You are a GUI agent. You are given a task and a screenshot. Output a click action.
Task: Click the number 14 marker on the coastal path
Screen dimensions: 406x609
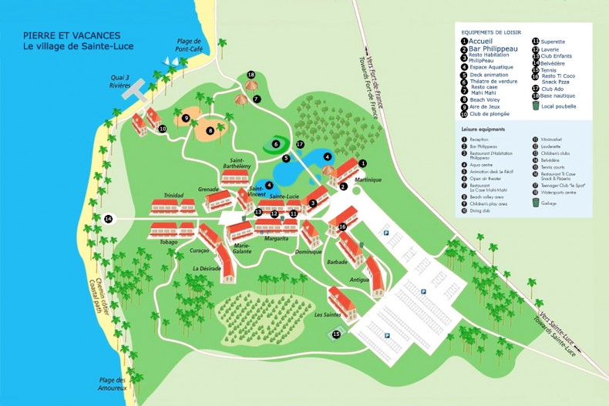tap(109, 220)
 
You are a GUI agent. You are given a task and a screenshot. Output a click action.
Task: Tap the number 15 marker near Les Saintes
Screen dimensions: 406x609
tap(336, 334)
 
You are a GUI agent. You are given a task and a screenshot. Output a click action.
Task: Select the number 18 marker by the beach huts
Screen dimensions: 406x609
tap(251, 75)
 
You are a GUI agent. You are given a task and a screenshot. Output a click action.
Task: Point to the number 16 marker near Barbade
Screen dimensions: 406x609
tap(342, 226)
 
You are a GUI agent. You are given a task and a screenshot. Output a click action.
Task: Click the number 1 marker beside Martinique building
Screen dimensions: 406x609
tap(363, 163)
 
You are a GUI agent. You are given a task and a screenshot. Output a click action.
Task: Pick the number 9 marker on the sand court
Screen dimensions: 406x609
tap(187, 118)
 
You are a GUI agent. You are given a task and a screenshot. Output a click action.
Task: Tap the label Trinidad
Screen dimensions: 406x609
tap(173, 196)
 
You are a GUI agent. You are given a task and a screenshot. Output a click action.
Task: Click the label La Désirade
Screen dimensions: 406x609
tap(207, 268)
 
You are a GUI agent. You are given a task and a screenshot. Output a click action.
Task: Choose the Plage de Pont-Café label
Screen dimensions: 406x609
tap(189, 45)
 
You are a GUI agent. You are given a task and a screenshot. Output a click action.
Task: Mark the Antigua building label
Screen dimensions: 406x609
tap(360, 280)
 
